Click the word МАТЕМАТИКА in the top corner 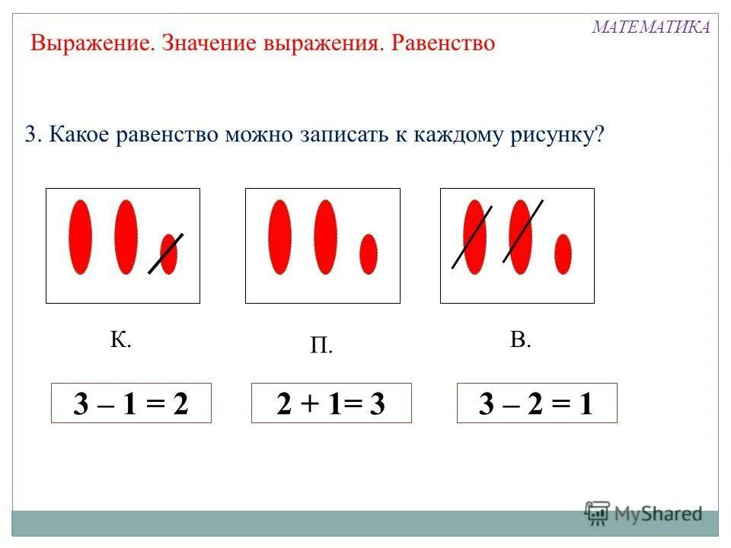(x=651, y=27)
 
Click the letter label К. (x=120, y=339)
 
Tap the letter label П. (x=321, y=347)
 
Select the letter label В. (x=520, y=339)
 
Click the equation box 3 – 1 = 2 (x=130, y=404)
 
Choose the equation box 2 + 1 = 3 (x=331, y=404)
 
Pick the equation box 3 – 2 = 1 (x=536, y=404)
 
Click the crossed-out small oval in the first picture (x=168, y=253)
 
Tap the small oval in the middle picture (x=369, y=253)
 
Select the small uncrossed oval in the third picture (x=563, y=253)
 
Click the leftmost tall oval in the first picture (x=80, y=236)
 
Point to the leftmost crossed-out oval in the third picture (x=474, y=236)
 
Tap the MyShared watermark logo (x=643, y=513)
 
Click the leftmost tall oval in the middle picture (x=279, y=236)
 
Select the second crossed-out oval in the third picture (x=520, y=236)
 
